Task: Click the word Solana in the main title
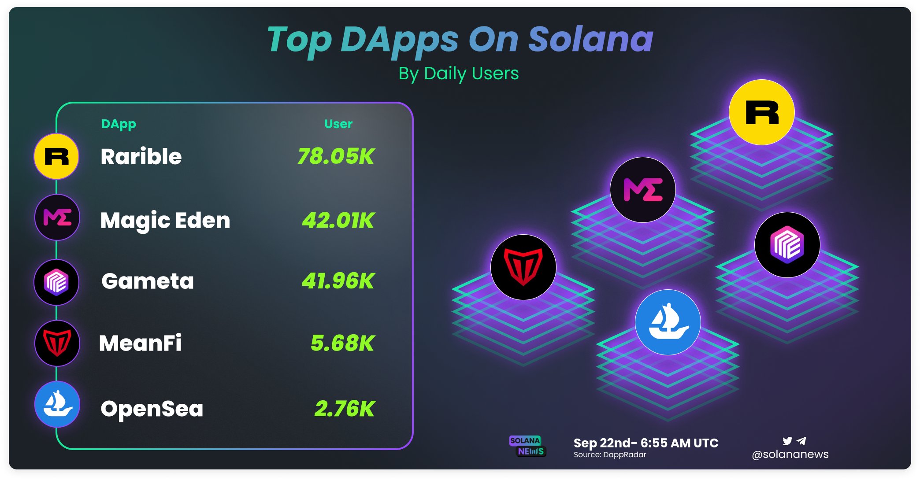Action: click(590, 40)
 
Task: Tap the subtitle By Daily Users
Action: click(459, 74)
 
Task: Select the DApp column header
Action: click(119, 124)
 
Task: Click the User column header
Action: click(338, 124)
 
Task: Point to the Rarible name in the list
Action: click(141, 157)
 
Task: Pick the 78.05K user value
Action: click(336, 156)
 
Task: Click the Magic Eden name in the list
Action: click(165, 220)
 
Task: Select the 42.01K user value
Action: click(338, 220)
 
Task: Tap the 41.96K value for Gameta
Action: click(338, 281)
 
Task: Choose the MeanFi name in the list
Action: click(140, 343)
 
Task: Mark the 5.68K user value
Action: click(342, 343)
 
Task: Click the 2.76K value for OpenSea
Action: click(344, 409)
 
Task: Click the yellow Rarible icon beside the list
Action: click(56, 156)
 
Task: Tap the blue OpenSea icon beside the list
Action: click(57, 404)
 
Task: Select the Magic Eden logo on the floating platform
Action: click(643, 190)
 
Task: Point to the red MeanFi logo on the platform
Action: click(523, 267)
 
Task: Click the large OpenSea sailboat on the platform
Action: click(668, 322)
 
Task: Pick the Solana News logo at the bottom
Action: click(527, 446)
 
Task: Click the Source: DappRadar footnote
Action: click(610, 455)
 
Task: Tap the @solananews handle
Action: click(790, 454)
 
